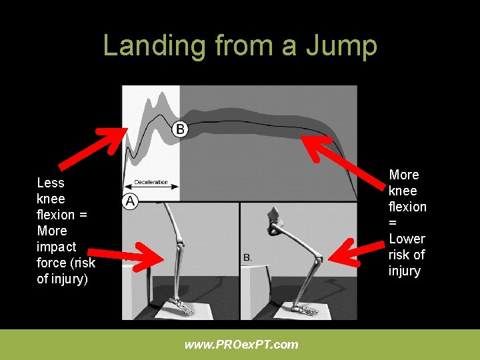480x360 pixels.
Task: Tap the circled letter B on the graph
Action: point(180,129)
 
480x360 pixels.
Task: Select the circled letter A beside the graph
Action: point(129,201)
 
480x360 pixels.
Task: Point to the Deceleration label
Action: point(151,182)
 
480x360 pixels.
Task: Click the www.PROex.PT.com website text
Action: point(241,345)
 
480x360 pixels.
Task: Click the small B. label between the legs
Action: point(247,257)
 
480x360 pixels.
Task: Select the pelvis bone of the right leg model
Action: point(275,219)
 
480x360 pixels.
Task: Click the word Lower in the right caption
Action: point(407,239)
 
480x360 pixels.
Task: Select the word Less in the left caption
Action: point(51,183)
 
